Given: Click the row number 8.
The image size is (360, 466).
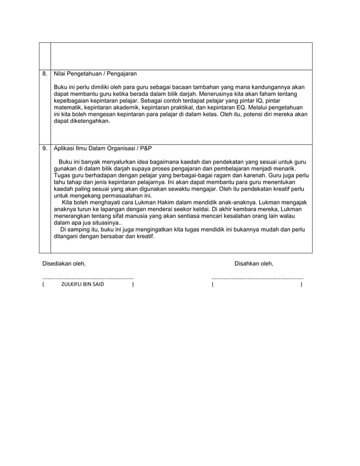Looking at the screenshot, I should (45, 74).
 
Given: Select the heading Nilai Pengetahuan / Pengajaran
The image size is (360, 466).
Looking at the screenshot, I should (95, 74).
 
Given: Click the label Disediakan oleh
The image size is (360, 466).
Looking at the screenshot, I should (65, 263).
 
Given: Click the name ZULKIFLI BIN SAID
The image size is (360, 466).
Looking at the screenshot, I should (82, 285).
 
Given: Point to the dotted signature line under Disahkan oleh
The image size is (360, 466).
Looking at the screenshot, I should (257, 278).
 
